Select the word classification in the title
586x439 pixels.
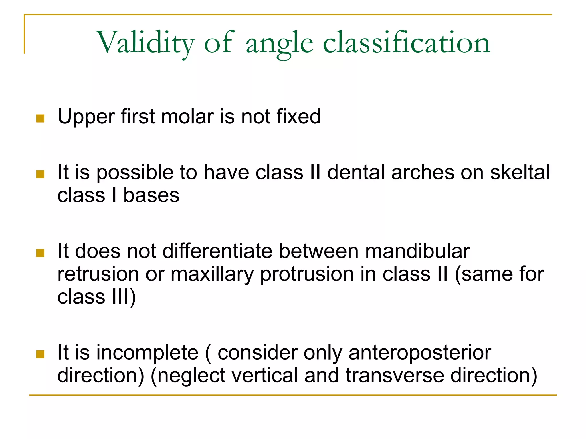point(407,43)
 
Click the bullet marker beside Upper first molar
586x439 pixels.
point(40,118)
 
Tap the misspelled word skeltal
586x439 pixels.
point(520,173)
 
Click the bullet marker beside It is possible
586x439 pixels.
point(40,174)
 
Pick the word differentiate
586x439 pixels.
point(217,251)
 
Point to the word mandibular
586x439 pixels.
point(417,251)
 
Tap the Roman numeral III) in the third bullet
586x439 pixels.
point(124,297)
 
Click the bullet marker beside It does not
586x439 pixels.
point(40,253)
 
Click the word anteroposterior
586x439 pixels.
point(420,352)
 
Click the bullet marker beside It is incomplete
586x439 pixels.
point(40,354)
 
